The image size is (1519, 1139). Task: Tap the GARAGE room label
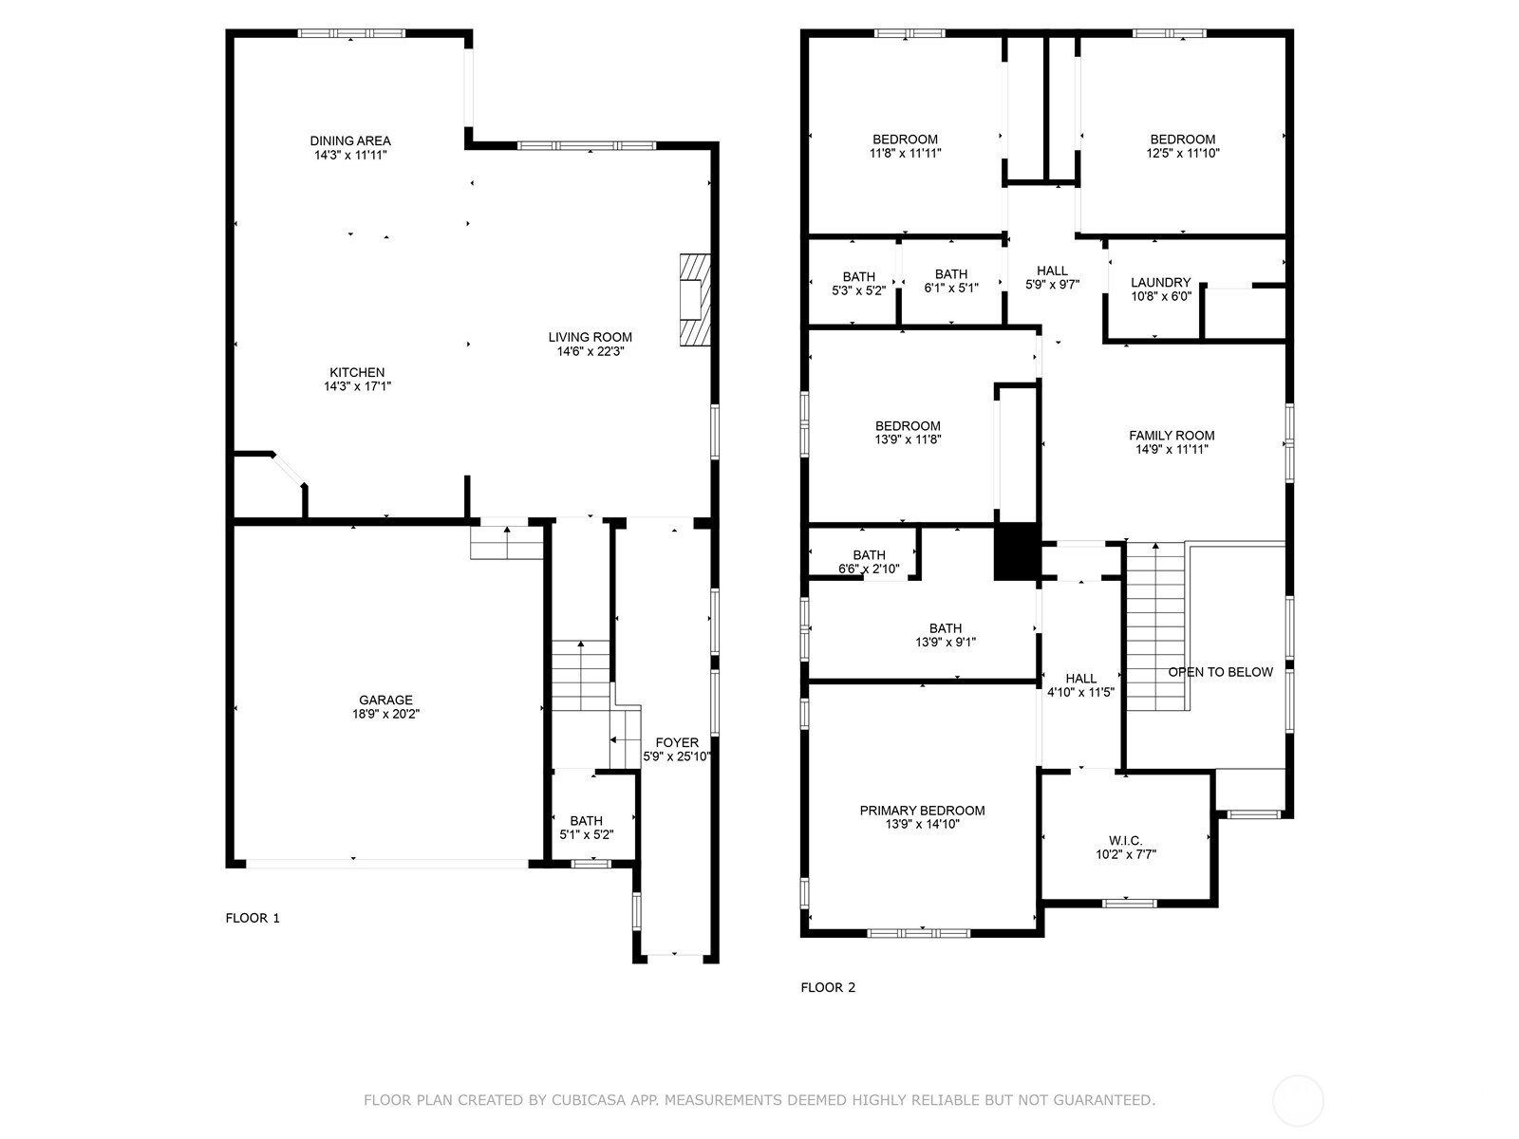pos(385,700)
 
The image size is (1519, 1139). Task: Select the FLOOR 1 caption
pos(253,918)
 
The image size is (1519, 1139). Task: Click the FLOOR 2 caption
pos(828,987)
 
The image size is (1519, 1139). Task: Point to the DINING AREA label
pos(350,140)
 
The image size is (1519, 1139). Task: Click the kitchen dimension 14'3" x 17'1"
pos(357,386)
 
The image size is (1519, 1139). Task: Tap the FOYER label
pos(677,742)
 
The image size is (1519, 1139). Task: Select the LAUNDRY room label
pos(1160,282)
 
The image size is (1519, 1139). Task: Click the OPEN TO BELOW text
pos(1220,672)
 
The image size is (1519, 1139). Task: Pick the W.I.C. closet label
pos(1125,840)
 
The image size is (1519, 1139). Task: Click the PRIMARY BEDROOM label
pos(922,811)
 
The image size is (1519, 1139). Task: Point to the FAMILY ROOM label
pos(1172,436)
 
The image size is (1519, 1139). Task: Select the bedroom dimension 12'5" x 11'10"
pos(1183,153)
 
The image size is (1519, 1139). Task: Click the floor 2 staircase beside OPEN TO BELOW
pos(1156,626)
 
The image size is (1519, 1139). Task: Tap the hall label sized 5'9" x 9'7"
pos(1052,271)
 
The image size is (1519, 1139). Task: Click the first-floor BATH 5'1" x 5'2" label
pos(586,821)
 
